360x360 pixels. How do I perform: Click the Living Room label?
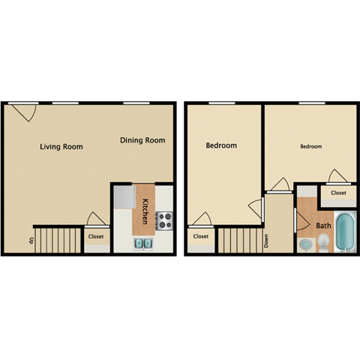[61, 146]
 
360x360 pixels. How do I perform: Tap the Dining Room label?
[142, 140]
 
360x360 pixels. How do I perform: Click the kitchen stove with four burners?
[163, 220]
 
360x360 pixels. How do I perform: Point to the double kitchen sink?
[144, 244]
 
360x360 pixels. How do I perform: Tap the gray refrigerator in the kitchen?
[124, 196]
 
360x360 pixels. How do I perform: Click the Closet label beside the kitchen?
[95, 237]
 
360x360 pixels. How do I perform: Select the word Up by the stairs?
[31, 240]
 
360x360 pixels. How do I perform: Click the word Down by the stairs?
[266, 240]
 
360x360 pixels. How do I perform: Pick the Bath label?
[323, 226]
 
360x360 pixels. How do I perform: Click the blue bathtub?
[346, 233]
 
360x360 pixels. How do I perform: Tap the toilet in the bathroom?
[323, 242]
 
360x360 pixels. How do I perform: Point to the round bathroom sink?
[304, 245]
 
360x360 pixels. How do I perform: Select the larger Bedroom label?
[221, 145]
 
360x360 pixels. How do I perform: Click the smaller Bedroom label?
[311, 147]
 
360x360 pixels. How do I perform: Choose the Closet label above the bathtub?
[338, 193]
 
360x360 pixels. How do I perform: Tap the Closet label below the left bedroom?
[200, 236]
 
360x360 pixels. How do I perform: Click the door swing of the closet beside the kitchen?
[95, 219]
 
